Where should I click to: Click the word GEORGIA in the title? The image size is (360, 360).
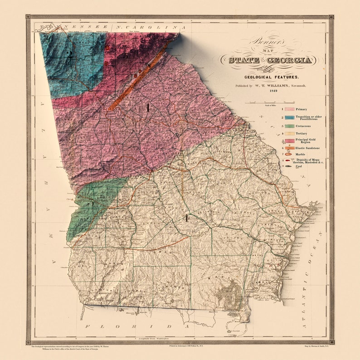click(x=292, y=60)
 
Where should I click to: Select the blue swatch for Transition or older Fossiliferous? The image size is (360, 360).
click(x=289, y=117)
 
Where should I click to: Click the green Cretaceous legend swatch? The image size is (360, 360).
click(x=289, y=126)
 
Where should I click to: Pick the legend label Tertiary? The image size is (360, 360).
click(x=301, y=133)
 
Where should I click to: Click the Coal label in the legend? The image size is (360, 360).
click(x=299, y=166)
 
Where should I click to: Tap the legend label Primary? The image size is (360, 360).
click(x=301, y=109)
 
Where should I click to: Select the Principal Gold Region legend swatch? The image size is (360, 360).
click(x=289, y=141)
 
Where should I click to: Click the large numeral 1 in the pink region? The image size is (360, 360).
click(x=147, y=107)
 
